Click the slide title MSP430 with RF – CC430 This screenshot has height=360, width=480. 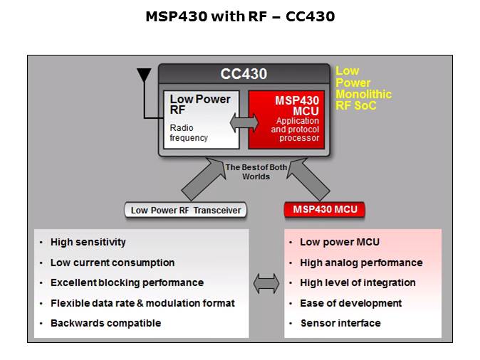pos(240,16)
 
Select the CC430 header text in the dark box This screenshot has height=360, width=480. pos(244,74)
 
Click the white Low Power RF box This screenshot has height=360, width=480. pos(202,119)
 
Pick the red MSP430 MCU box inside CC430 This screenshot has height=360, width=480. pos(287,119)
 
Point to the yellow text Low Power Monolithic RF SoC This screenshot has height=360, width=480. pos(362,88)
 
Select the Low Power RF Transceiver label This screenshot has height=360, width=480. pos(186,210)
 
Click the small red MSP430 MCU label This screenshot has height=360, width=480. pos(324,209)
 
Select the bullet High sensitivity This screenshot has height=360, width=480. pos(88,242)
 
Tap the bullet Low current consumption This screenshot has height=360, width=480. pos(112,263)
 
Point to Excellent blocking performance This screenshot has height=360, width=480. pos(127,282)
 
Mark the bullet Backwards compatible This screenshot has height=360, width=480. pos(105,323)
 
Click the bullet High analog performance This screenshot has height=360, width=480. pos(361,263)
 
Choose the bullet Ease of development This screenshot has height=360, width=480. pos(350,303)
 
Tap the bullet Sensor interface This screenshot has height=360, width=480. pos(340,323)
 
